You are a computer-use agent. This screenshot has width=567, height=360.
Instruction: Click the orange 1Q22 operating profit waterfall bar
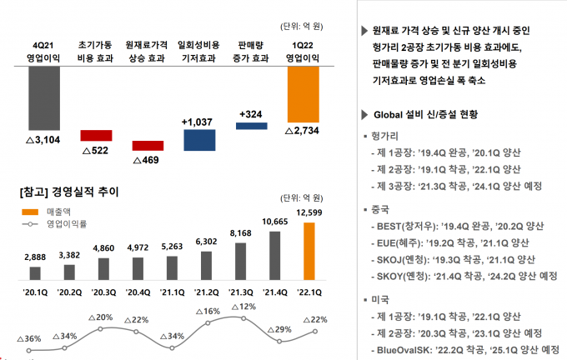pos(303,95)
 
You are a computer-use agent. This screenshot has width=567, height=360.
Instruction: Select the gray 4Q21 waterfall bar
pos(43,100)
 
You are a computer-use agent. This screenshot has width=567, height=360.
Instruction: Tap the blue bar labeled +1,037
pos(199,140)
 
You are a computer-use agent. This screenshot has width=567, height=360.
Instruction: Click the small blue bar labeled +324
pos(251,126)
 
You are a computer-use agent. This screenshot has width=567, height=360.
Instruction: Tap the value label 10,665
pos(275,222)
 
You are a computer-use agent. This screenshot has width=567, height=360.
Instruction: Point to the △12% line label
pos(242,307)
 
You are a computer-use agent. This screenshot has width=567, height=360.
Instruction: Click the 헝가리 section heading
pos(380,137)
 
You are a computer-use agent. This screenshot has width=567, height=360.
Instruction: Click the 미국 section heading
pos(374,299)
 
